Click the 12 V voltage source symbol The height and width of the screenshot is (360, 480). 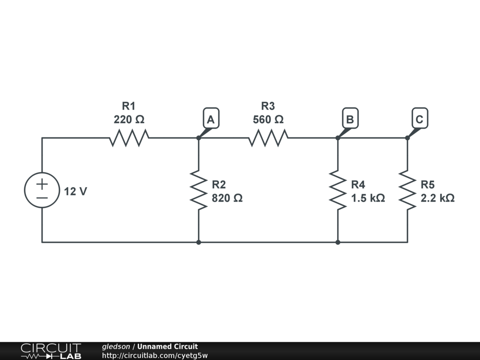(x=42, y=190)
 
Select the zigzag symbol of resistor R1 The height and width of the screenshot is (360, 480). (x=129, y=138)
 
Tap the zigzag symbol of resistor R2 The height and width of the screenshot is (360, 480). (x=199, y=190)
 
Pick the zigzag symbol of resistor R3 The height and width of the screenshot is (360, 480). (x=268, y=138)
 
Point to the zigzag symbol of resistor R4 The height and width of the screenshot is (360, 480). (x=338, y=190)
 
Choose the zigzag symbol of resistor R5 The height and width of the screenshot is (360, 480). (x=407, y=190)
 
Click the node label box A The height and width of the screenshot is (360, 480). (x=211, y=119)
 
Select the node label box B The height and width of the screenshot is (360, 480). (x=350, y=119)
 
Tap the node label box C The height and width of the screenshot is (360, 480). (x=419, y=119)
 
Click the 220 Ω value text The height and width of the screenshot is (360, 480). (x=129, y=120)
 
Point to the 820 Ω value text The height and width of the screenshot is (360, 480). (x=227, y=198)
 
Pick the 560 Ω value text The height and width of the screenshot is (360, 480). (x=268, y=120)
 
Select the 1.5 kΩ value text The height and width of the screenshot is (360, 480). (x=368, y=198)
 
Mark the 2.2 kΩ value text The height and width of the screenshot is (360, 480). (x=437, y=198)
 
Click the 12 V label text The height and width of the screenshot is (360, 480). (x=75, y=192)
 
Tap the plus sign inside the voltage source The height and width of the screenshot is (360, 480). (x=42, y=183)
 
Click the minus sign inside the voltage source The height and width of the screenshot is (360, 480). (x=42, y=198)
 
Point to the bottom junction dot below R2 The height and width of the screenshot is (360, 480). (x=199, y=242)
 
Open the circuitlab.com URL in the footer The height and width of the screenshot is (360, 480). (x=155, y=355)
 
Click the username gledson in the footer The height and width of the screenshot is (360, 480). (x=116, y=346)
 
